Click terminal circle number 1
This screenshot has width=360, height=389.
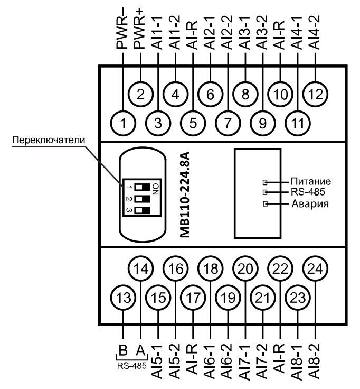tap(123, 124)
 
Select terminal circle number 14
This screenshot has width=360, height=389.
tap(140, 268)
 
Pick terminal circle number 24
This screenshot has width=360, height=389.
tap(315, 268)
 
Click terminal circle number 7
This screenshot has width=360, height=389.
tap(228, 124)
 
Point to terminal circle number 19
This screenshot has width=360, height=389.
tap(228, 298)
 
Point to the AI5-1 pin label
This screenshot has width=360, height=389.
tap(158, 359)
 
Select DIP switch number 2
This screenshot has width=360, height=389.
tap(141, 199)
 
